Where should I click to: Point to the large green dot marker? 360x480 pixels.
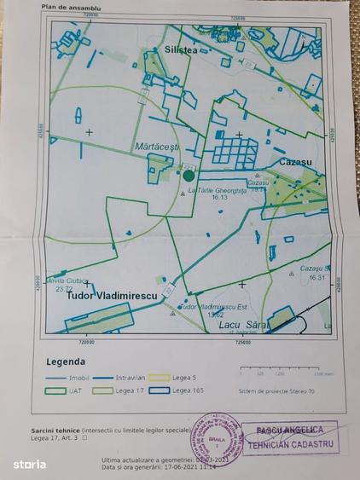(189, 175)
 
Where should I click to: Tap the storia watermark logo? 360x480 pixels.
(28, 464)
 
